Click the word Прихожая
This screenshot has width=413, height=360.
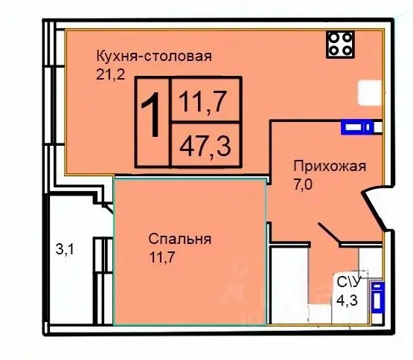328,166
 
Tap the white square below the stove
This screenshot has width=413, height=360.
371,93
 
